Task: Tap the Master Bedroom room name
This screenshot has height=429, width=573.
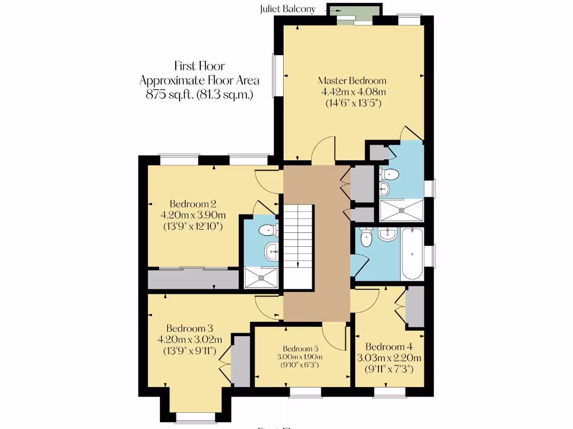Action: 352,80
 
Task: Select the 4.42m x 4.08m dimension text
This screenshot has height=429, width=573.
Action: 352,92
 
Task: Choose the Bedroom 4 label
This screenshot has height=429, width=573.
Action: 389,346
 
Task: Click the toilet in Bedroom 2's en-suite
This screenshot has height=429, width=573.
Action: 269,229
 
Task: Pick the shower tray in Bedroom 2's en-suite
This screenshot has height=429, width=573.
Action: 261,278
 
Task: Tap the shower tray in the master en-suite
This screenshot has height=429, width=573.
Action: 401,211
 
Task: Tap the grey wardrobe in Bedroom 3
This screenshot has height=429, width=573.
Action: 241,360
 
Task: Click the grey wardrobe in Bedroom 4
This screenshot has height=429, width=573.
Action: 415,306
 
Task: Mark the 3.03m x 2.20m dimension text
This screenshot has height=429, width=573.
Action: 389,358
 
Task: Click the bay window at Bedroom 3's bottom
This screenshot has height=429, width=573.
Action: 195,417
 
